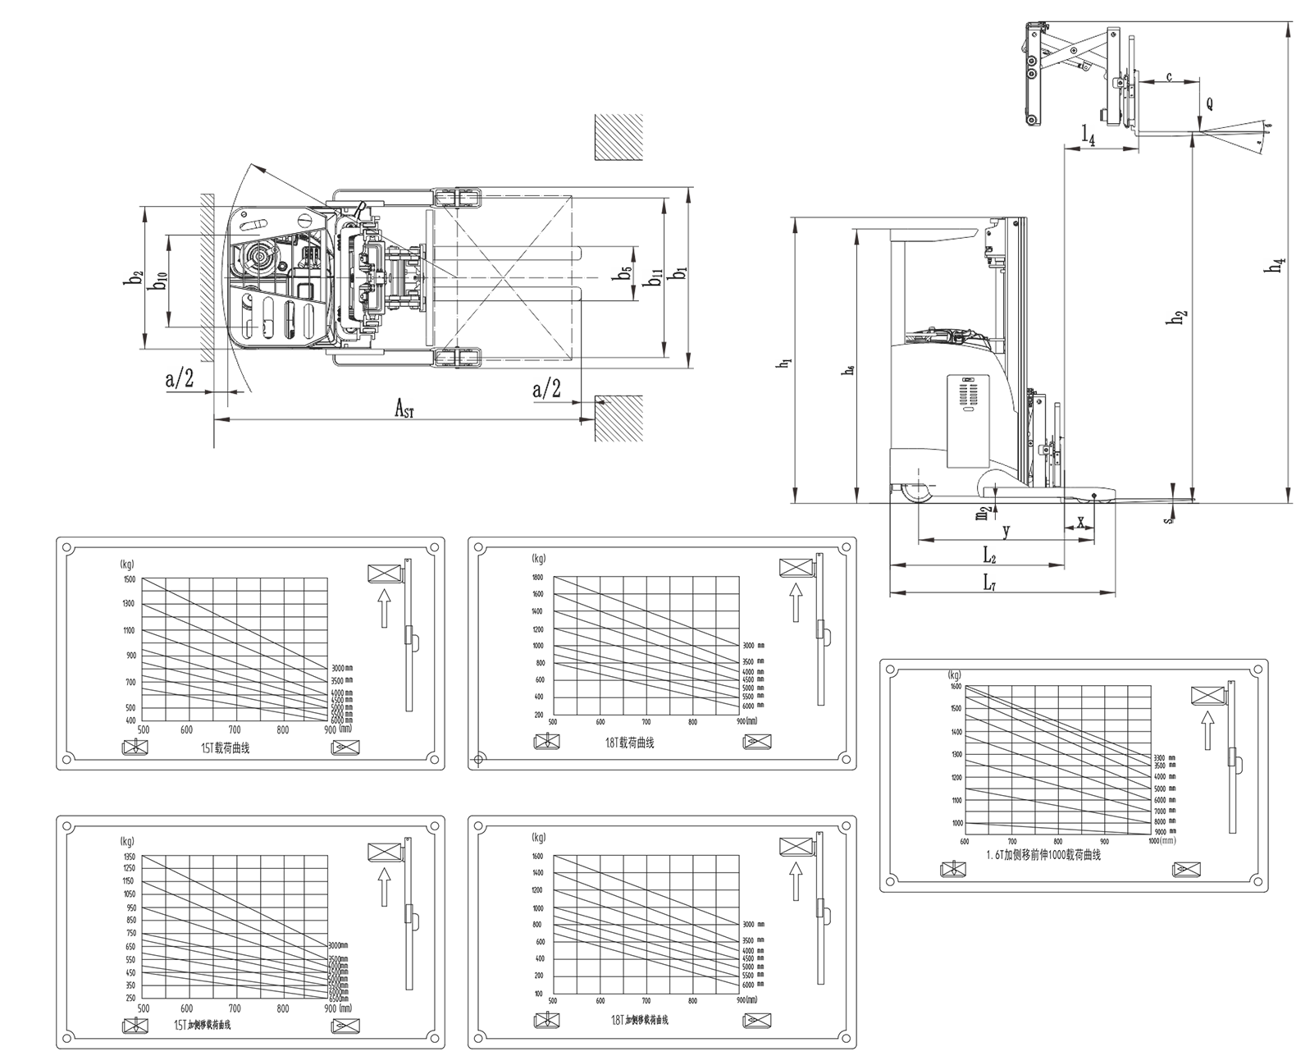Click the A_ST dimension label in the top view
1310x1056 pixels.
404,408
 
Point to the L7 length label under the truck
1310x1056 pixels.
990,582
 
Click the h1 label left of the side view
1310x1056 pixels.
786,363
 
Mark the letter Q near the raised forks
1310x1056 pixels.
1210,104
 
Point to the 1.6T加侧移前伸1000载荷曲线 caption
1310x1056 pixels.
1043,854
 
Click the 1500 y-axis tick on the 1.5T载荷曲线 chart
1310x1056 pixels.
129,579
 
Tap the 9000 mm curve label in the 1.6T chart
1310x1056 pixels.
1165,831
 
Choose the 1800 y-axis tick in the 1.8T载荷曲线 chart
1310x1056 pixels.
538,577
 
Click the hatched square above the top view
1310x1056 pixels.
618,137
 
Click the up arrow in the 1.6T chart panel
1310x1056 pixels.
1207,730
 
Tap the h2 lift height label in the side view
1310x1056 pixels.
1178,318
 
